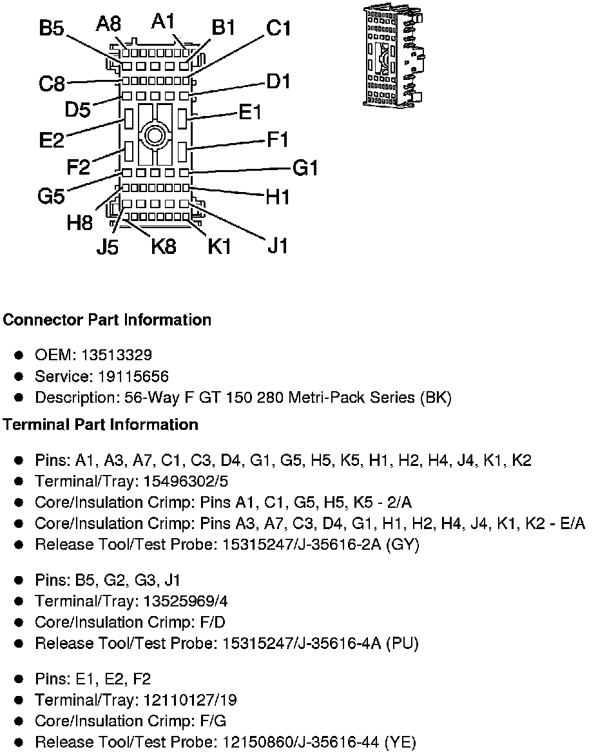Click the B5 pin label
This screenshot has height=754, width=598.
[52, 29]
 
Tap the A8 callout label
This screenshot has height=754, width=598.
[108, 24]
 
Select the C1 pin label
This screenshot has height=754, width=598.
[279, 29]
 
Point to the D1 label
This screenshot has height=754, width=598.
[278, 82]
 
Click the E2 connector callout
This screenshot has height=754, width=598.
[52, 140]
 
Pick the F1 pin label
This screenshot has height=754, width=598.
[278, 139]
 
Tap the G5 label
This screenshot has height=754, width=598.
[51, 196]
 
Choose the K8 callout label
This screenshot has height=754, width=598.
[164, 246]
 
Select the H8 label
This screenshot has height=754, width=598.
[80, 223]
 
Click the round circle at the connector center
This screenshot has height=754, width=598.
[155, 135]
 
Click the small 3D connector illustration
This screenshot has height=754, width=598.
[392, 56]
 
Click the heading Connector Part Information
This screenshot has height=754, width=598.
[107, 320]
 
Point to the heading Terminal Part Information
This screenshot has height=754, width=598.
[101, 425]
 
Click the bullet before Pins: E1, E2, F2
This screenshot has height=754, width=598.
[19, 679]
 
